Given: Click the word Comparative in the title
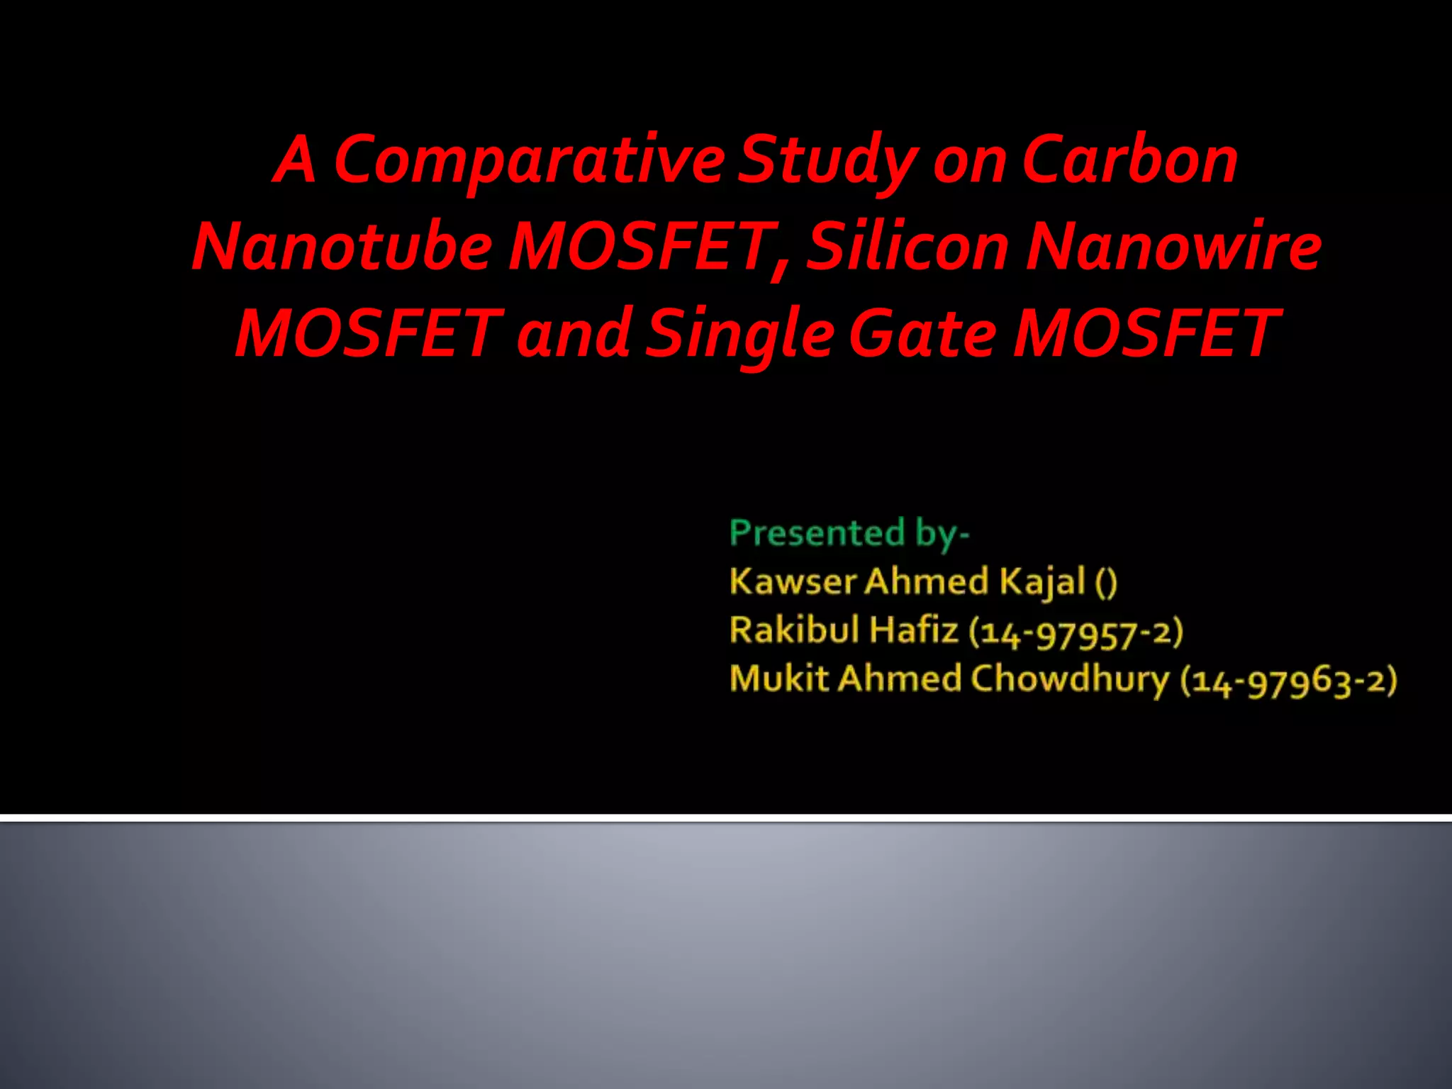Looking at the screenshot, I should (x=528, y=162).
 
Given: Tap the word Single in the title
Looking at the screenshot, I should (x=740, y=334).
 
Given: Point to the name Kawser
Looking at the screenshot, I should (x=793, y=581).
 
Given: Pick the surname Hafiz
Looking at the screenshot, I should (x=915, y=630).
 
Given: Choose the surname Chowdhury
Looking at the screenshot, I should (x=1070, y=679).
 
